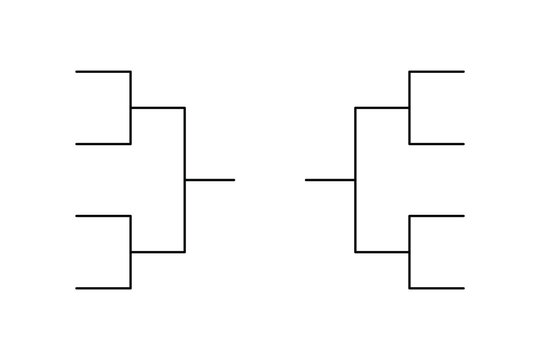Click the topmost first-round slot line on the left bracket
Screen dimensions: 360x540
pyautogui.click(x=103, y=72)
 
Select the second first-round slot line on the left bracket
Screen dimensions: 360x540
pyautogui.click(x=103, y=144)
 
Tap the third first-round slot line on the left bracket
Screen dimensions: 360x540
pyautogui.click(x=103, y=216)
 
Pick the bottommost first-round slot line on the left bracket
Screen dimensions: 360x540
pyautogui.click(x=103, y=288)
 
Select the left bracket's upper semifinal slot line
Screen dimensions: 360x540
pyautogui.click(x=158, y=108)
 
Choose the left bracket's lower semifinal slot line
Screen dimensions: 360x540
pyautogui.click(x=158, y=252)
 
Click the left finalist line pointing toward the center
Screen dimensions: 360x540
pyautogui.click(x=210, y=180)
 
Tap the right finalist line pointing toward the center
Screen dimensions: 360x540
pyautogui.click(x=330, y=180)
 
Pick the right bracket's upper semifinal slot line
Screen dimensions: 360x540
pyautogui.click(x=382, y=108)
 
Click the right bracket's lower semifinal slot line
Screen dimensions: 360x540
pyautogui.click(x=382, y=252)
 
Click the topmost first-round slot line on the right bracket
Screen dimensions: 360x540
pyautogui.click(x=437, y=72)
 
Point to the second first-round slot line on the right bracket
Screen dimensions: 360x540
pyautogui.click(x=437, y=144)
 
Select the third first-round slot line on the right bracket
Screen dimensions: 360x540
pyautogui.click(x=437, y=216)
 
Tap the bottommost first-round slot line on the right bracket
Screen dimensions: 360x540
pyautogui.click(x=437, y=288)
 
